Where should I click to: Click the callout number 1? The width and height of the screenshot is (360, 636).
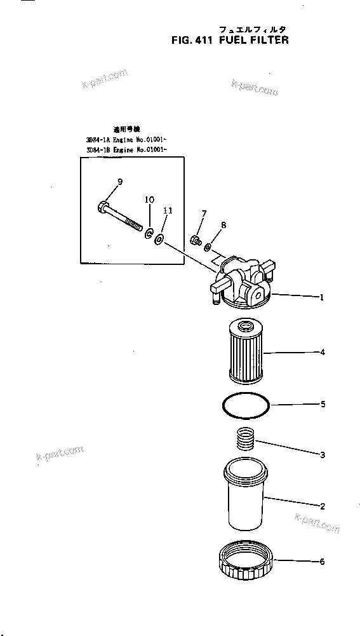(x=323, y=297)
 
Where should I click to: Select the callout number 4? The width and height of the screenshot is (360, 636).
(x=323, y=352)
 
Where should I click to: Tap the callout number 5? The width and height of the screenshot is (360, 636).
(x=323, y=403)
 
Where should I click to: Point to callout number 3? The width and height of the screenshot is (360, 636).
(x=323, y=454)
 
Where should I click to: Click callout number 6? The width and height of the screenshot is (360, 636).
(x=323, y=561)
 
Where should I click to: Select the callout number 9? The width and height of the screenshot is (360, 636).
(x=120, y=184)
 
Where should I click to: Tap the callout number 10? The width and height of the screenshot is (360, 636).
(x=149, y=200)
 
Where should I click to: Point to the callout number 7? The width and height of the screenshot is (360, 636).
(x=204, y=213)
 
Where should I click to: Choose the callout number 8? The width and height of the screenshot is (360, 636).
(x=223, y=224)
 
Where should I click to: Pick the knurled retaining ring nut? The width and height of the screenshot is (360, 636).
(x=244, y=562)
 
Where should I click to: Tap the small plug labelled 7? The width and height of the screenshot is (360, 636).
(x=196, y=240)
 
